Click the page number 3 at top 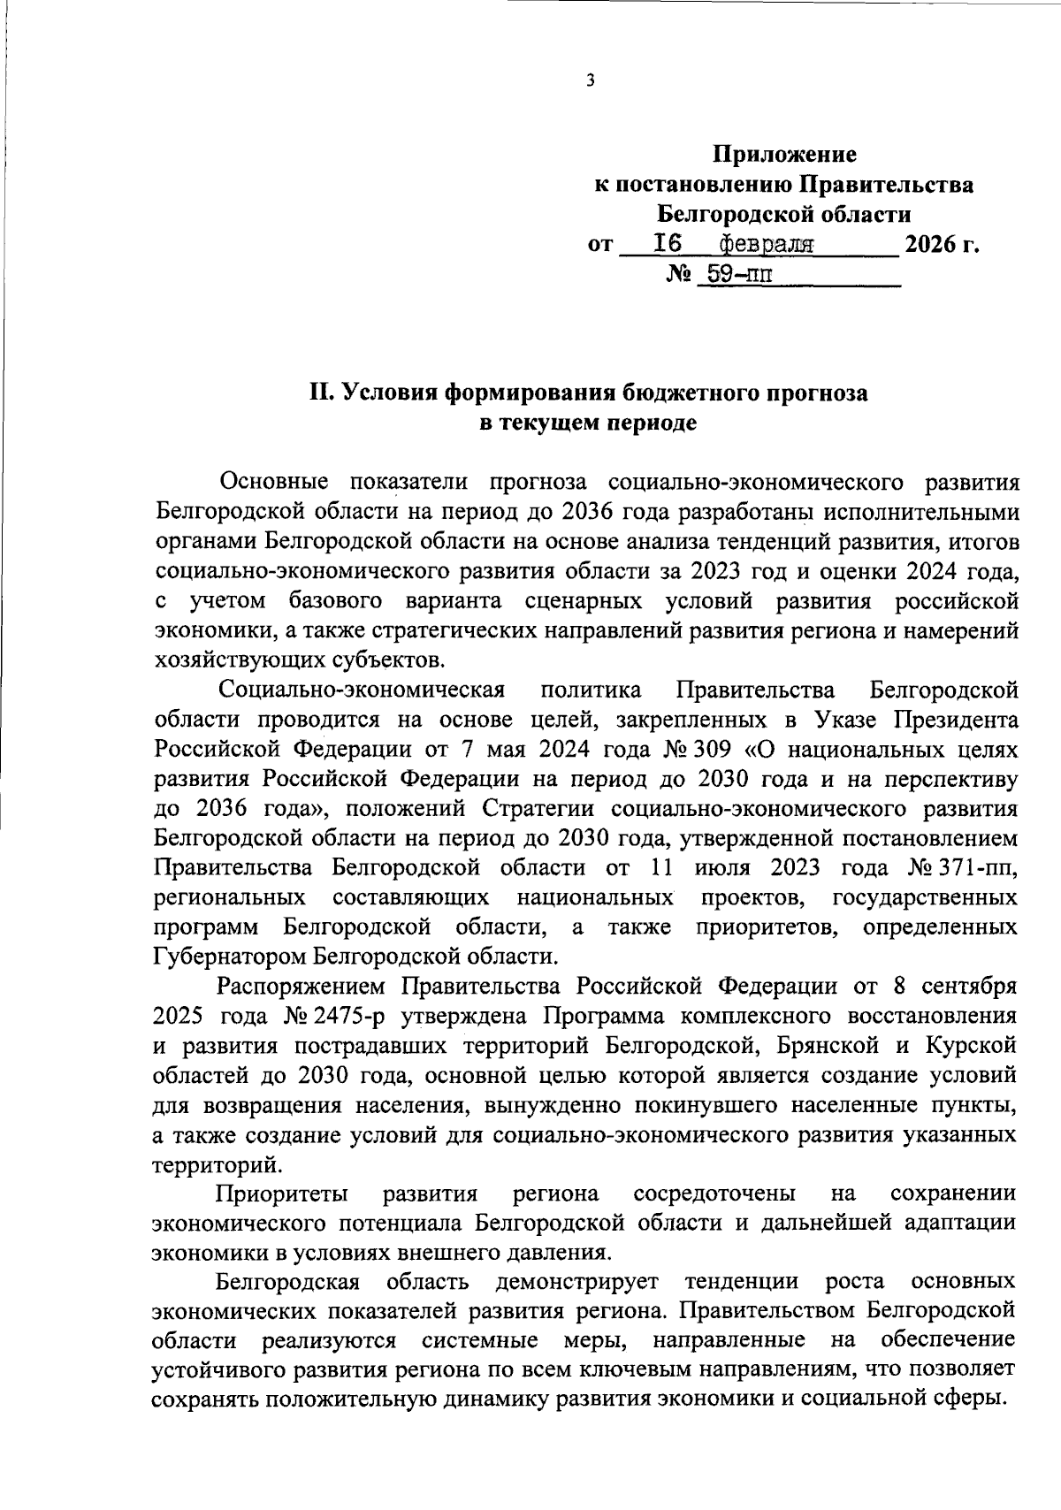[591, 81]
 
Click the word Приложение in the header [785, 155]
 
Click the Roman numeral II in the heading [319, 393]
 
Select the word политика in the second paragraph [590, 689]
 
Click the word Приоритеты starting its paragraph [282, 1194]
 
